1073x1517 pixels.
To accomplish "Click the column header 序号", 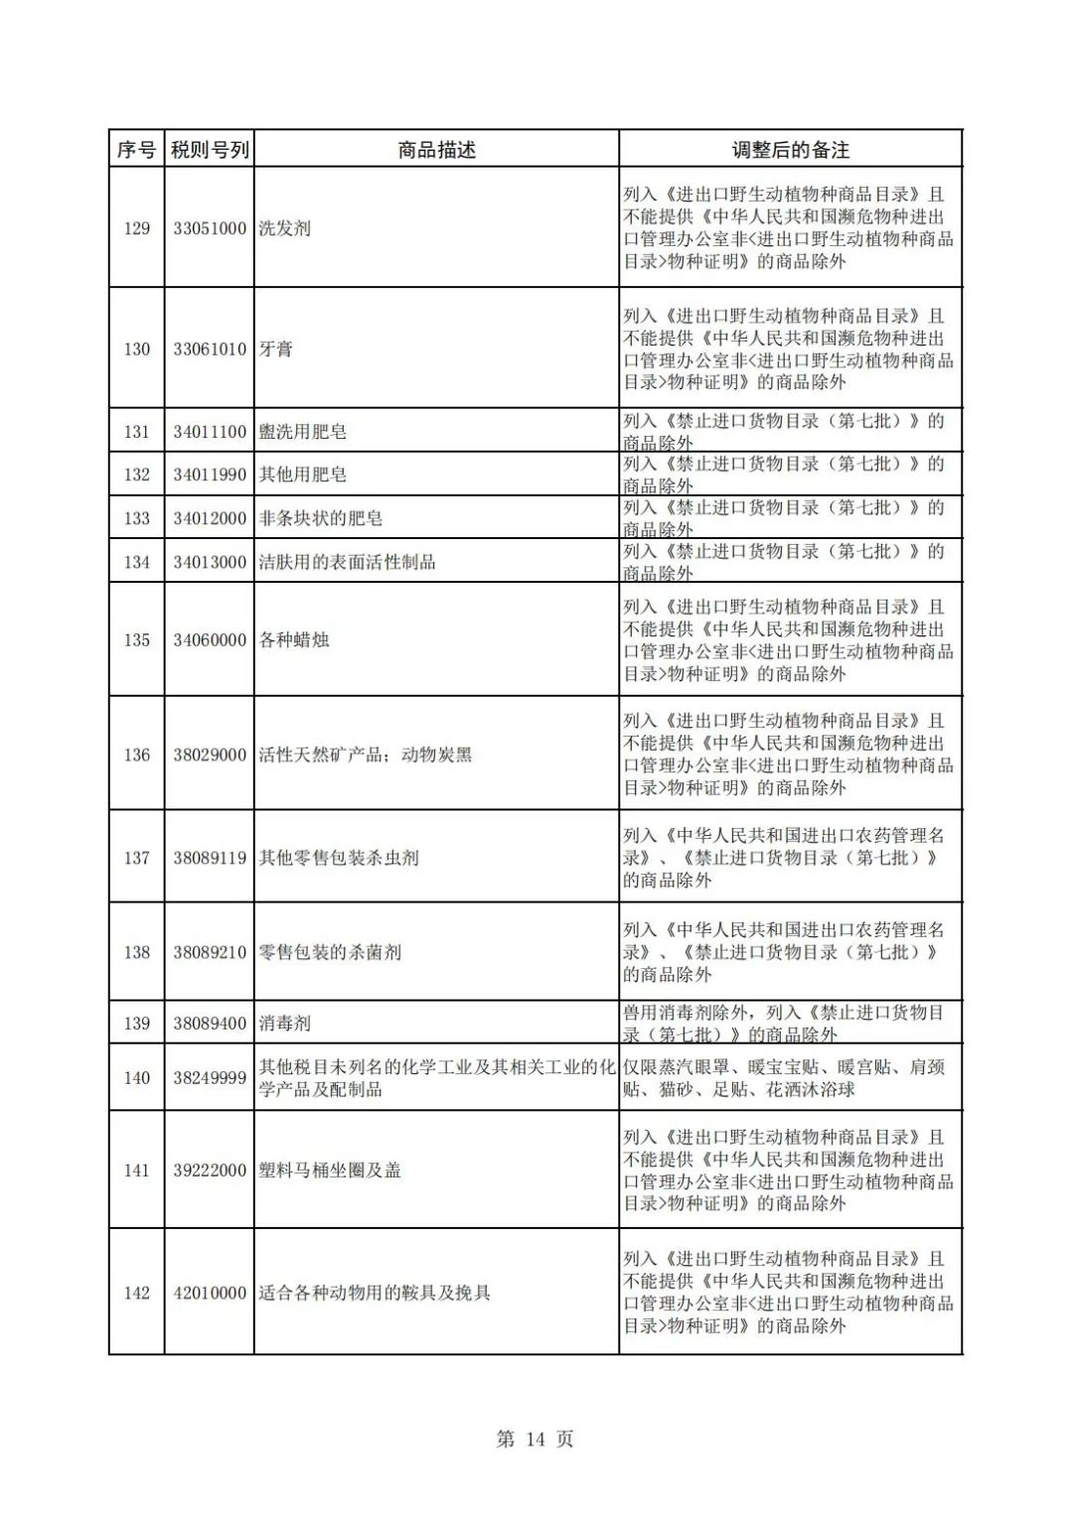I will (136, 150).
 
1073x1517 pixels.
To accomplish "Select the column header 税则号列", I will (210, 150).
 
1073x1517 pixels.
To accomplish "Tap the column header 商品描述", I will (436, 150).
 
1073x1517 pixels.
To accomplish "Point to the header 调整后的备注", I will (790, 150).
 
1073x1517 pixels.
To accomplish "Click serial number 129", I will (136, 228).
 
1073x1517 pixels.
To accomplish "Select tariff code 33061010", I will (210, 349).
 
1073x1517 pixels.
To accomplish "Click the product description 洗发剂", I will (285, 228).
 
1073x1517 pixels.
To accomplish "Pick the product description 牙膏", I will (276, 349).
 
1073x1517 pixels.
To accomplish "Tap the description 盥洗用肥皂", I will (303, 432).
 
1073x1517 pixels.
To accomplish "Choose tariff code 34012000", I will (210, 518).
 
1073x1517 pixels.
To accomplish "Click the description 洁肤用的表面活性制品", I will (347, 562).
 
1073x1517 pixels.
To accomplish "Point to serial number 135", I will (136, 640).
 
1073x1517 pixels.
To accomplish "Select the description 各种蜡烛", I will (294, 640).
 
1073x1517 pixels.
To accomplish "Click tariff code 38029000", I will (210, 755).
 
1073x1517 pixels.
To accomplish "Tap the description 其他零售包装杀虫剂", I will (339, 858).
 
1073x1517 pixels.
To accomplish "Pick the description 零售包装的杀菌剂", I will (330, 952).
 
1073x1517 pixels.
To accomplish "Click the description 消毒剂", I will (285, 1023).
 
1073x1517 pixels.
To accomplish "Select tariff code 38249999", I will (210, 1078).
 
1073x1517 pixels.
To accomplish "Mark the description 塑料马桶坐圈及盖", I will (330, 1171).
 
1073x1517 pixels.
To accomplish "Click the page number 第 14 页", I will (535, 1439).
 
